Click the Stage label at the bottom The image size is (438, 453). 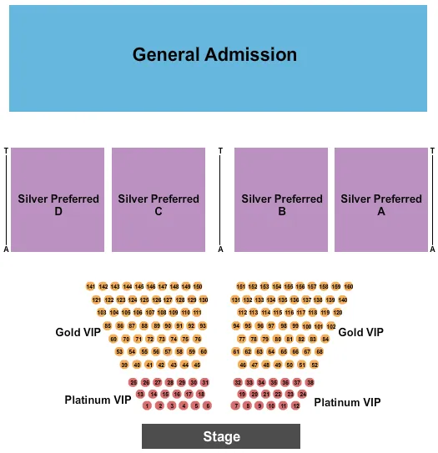point(221,436)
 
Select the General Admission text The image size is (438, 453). point(214,55)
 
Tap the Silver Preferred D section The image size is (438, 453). point(58,200)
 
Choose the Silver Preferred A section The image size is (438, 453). point(381,200)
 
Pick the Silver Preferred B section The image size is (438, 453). point(282,200)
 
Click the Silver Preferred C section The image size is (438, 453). point(159,200)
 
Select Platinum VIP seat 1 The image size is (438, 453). point(147,405)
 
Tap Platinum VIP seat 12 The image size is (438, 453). point(295,405)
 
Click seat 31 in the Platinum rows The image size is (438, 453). point(204,382)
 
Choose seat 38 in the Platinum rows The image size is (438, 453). point(310,382)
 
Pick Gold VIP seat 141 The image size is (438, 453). point(91,286)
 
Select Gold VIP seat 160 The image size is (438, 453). point(348,286)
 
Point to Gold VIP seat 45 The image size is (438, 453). point(197,365)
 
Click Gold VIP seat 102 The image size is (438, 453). point(331,326)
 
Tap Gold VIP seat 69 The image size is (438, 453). point(113,340)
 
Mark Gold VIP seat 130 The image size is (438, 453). point(204,299)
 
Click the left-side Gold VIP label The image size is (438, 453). point(78,332)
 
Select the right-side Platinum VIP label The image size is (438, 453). point(348,402)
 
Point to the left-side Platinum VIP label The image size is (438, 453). point(98,400)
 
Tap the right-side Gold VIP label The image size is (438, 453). point(361,332)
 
